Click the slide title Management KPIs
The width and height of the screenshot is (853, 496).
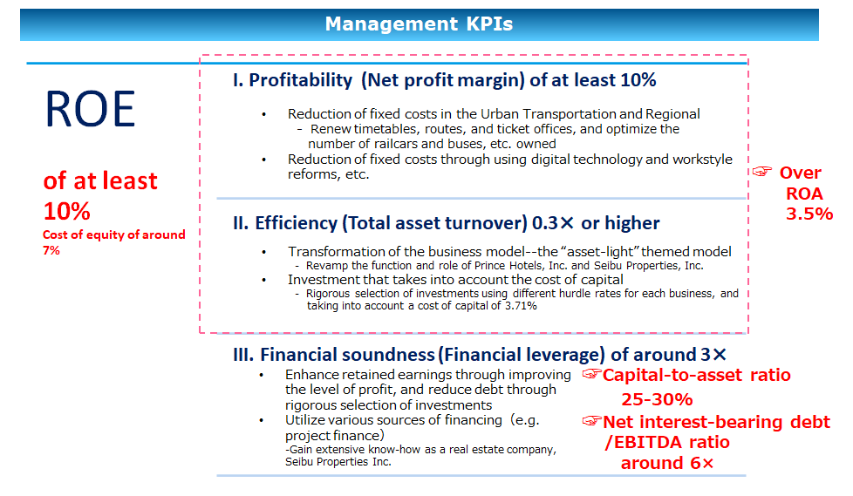(x=419, y=24)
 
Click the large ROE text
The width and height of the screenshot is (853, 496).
(x=91, y=109)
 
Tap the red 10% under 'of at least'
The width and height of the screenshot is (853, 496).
(x=67, y=211)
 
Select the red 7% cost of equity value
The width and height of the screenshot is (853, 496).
(x=51, y=250)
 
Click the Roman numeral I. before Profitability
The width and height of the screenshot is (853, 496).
(x=238, y=80)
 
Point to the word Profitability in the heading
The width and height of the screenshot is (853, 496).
(x=301, y=80)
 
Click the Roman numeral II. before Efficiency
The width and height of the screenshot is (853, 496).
(x=241, y=223)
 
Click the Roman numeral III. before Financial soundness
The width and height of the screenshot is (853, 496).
(x=243, y=355)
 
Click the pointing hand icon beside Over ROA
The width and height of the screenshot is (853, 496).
(x=762, y=172)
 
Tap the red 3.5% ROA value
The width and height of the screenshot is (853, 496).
(x=809, y=214)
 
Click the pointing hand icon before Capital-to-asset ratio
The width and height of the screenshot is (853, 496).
(x=592, y=374)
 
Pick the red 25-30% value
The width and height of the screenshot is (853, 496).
(x=657, y=400)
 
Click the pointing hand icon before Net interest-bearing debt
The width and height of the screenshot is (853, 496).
(x=592, y=421)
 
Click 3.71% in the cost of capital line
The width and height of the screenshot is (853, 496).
(x=521, y=306)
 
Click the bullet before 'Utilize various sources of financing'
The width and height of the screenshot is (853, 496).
(x=262, y=420)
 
